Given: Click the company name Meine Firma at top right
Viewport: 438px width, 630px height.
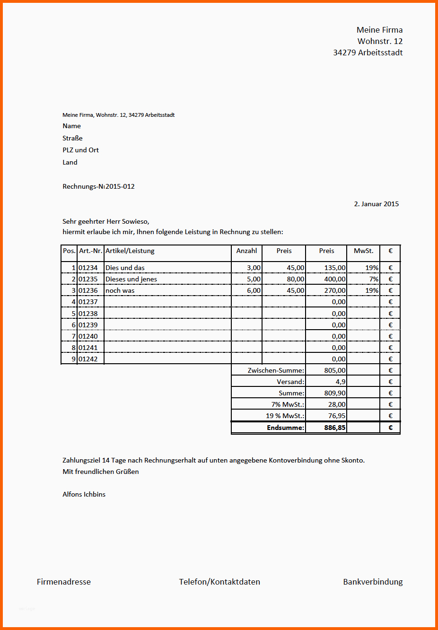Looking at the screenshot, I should tap(379, 30).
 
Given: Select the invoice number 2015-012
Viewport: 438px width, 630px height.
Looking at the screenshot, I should tap(120, 186).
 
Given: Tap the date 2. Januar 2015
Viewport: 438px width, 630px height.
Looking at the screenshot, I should tap(376, 204).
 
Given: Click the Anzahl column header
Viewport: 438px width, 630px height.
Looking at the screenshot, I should tap(246, 251).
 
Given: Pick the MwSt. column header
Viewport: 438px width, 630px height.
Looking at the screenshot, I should tap(363, 251).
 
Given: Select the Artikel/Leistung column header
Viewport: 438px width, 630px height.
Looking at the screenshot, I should tap(130, 251).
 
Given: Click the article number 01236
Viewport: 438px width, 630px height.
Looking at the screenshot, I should tap(88, 290).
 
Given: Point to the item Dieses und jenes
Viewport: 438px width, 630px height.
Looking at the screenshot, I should tap(131, 279).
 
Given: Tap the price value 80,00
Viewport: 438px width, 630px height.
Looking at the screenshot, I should tap(295, 279).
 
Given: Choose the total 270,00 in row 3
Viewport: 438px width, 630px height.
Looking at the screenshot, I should tap(334, 290).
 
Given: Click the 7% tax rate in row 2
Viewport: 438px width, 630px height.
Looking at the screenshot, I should tap(374, 279).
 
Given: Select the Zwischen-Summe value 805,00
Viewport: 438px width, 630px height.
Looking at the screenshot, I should tap(334, 370).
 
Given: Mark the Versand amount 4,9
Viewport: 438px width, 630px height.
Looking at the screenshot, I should tap(340, 382).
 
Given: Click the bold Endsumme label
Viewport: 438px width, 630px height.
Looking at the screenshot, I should tap(285, 428).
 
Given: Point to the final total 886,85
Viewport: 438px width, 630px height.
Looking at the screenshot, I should tap(334, 428).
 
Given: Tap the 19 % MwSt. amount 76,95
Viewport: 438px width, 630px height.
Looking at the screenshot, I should tap(336, 416).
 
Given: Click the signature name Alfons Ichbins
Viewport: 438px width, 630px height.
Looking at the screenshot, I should tap(84, 494).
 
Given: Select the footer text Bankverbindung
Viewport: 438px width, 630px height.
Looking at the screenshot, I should tap(373, 582).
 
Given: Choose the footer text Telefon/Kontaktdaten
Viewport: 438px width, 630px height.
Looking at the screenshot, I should tap(219, 582).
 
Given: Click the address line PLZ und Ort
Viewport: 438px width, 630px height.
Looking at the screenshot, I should tap(80, 150).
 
